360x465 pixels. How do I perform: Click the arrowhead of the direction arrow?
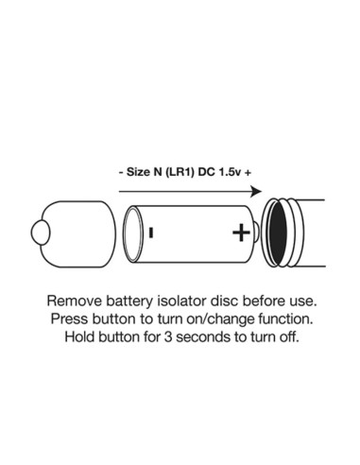tap(256, 191)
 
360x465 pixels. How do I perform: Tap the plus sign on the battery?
tap(241, 232)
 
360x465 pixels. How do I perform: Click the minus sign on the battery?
tap(151, 232)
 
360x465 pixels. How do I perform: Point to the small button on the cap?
tap(41, 232)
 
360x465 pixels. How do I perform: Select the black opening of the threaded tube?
tap(279, 233)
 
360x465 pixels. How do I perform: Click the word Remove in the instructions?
tap(75, 301)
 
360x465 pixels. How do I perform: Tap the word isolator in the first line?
tap(181, 301)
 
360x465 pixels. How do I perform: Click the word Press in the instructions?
tap(70, 319)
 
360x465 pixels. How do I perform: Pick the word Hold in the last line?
tap(79, 336)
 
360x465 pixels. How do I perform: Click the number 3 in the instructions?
tap(168, 336)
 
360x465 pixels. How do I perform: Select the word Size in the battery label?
tap(138, 172)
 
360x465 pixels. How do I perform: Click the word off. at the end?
tap(286, 336)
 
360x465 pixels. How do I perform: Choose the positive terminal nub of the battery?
tap(257, 232)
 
